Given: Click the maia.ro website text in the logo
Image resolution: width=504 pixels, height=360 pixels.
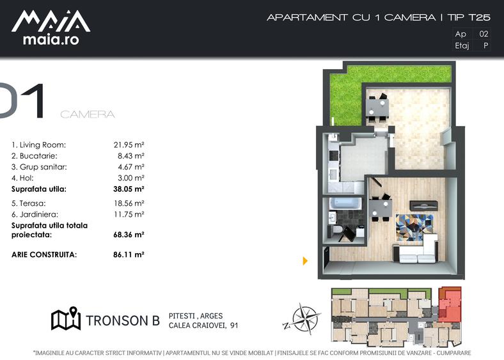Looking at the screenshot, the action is (51, 40).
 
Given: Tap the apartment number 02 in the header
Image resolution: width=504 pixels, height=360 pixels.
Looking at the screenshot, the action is (484, 34).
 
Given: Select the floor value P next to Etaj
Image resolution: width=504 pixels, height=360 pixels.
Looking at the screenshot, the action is (486, 45).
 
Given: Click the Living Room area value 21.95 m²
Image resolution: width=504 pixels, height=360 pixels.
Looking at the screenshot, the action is (129, 145).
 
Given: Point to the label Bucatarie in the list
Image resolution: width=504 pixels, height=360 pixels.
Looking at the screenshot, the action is (38, 156).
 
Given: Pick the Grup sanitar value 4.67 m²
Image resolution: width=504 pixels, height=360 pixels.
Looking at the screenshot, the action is (131, 167).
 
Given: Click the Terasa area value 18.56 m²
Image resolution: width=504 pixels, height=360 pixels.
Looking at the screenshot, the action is (129, 203).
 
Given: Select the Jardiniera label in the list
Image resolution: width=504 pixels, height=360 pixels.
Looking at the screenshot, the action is (39, 214).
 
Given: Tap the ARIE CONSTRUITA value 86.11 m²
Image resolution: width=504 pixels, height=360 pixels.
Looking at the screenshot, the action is (129, 254).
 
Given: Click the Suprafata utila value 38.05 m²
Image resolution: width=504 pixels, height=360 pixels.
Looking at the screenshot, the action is (129, 189).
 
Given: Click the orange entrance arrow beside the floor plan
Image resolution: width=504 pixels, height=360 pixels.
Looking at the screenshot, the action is (305, 261).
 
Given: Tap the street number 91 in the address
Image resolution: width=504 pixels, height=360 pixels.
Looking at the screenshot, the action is (234, 325).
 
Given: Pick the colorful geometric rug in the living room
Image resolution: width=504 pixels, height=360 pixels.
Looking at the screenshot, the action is (414, 227).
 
